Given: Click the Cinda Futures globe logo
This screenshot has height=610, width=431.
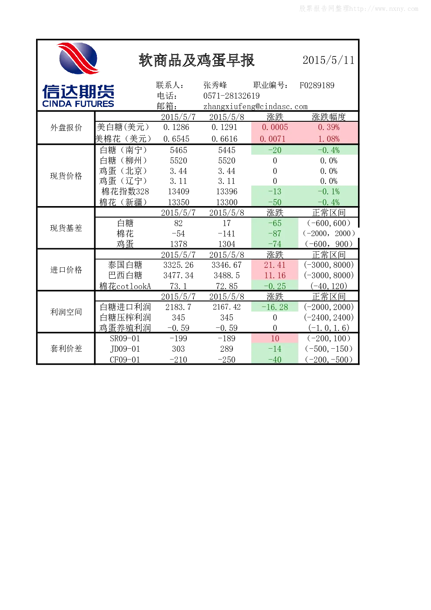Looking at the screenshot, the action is (x=78, y=58).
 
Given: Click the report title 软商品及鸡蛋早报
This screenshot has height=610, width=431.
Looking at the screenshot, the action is (x=196, y=60).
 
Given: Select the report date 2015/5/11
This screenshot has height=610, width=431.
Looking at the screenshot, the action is (x=328, y=60).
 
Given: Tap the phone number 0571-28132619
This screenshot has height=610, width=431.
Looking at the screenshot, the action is (x=231, y=96).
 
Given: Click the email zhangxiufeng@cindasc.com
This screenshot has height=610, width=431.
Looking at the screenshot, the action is (x=255, y=107).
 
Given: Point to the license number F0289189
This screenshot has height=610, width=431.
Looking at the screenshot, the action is (x=317, y=86).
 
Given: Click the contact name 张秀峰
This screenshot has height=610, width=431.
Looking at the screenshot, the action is (x=215, y=85).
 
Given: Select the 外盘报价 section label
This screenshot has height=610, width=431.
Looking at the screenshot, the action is (x=66, y=127).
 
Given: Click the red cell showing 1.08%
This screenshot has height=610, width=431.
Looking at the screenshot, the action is (x=329, y=139).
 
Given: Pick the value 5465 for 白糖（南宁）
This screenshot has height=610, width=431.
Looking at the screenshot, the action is (x=179, y=150).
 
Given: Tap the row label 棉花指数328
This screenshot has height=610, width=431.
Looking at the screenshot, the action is (x=125, y=191).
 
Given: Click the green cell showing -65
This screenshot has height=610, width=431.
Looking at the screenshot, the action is (x=275, y=223).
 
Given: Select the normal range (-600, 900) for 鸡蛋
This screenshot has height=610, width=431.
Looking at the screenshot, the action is (x=329, y=244).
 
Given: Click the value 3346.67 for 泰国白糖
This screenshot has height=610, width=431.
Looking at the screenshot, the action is (x=227, y=265).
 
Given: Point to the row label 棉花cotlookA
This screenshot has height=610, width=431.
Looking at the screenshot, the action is (x=125, y=286).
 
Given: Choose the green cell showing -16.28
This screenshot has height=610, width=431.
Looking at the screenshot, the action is (x=275, y=307).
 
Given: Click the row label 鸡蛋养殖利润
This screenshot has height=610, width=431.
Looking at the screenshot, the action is (x=125, y=328).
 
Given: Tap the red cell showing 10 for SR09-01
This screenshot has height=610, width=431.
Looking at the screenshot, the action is (x=275, y=339).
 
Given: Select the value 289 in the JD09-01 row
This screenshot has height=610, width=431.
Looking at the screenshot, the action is (x=227, y=349).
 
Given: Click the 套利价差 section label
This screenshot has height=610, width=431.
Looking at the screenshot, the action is (x=66, y=349).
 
